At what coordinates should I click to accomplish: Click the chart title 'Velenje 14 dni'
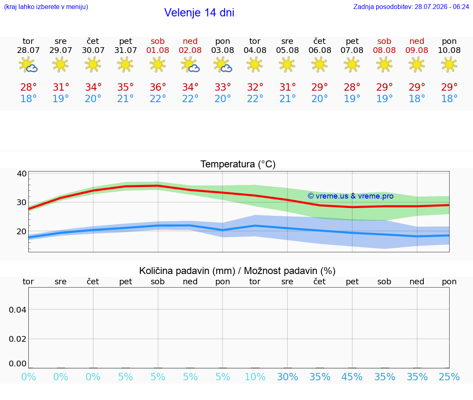point(199,12)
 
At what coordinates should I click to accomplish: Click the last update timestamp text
point(411,7)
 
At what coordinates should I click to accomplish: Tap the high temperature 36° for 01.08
point(158,87)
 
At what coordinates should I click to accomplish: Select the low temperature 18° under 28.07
point(28,98)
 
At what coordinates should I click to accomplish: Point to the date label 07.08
point(352,50)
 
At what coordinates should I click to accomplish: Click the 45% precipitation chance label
point(352,377)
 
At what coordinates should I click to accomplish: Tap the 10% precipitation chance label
point(255,377)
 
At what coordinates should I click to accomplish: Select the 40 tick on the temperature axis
point(22,174)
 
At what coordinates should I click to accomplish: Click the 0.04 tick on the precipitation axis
point(18,310)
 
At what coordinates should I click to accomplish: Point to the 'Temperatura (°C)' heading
point(238,164)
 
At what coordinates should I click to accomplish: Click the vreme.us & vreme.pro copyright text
point(351,196)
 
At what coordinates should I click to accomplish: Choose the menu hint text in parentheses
point(46,7)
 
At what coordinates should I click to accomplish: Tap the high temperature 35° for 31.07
point(126,87)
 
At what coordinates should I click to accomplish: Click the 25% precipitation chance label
point(449,377)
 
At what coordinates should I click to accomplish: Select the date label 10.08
point(449,50)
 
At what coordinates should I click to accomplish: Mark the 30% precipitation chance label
point(287,377)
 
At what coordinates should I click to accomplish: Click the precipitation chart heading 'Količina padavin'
point(187,271)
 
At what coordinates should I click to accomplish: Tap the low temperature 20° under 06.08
point(319,98)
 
